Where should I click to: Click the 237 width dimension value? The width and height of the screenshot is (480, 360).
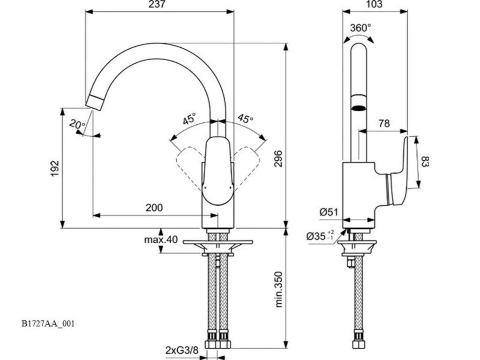(x=157, y=4)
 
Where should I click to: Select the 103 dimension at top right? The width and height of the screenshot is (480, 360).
(x=374, y=4)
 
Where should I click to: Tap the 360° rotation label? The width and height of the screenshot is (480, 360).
(x=360, y=28)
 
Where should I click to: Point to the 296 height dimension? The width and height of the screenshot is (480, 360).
(x=278, y=158)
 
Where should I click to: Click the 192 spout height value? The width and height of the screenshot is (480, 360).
(x=54, y=168)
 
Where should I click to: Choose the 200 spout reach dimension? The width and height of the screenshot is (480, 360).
(x=154, y=208)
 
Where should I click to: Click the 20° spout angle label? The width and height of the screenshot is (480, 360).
(x=77, y=124)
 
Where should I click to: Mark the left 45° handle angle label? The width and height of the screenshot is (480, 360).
(x=189, y=119)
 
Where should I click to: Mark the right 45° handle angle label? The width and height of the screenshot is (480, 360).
(x=246, y=118)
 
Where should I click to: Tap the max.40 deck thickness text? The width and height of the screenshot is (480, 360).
(x=161, y=240)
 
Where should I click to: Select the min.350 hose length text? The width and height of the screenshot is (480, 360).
(x=278, y=289)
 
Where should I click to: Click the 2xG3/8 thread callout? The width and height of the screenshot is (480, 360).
(x=182, y=350)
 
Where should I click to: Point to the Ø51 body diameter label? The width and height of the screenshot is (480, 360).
(x=329, y=212)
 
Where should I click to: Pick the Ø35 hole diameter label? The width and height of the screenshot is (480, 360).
(x=320, y=236)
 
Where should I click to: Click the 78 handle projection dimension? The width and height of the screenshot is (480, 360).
(x=384, y=123)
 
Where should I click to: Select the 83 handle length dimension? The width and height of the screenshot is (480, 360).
(x=425, y=162)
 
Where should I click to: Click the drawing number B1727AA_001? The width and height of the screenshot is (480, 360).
(x=48, y=323)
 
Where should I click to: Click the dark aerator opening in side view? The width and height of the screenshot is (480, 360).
(x=359, y=108)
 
